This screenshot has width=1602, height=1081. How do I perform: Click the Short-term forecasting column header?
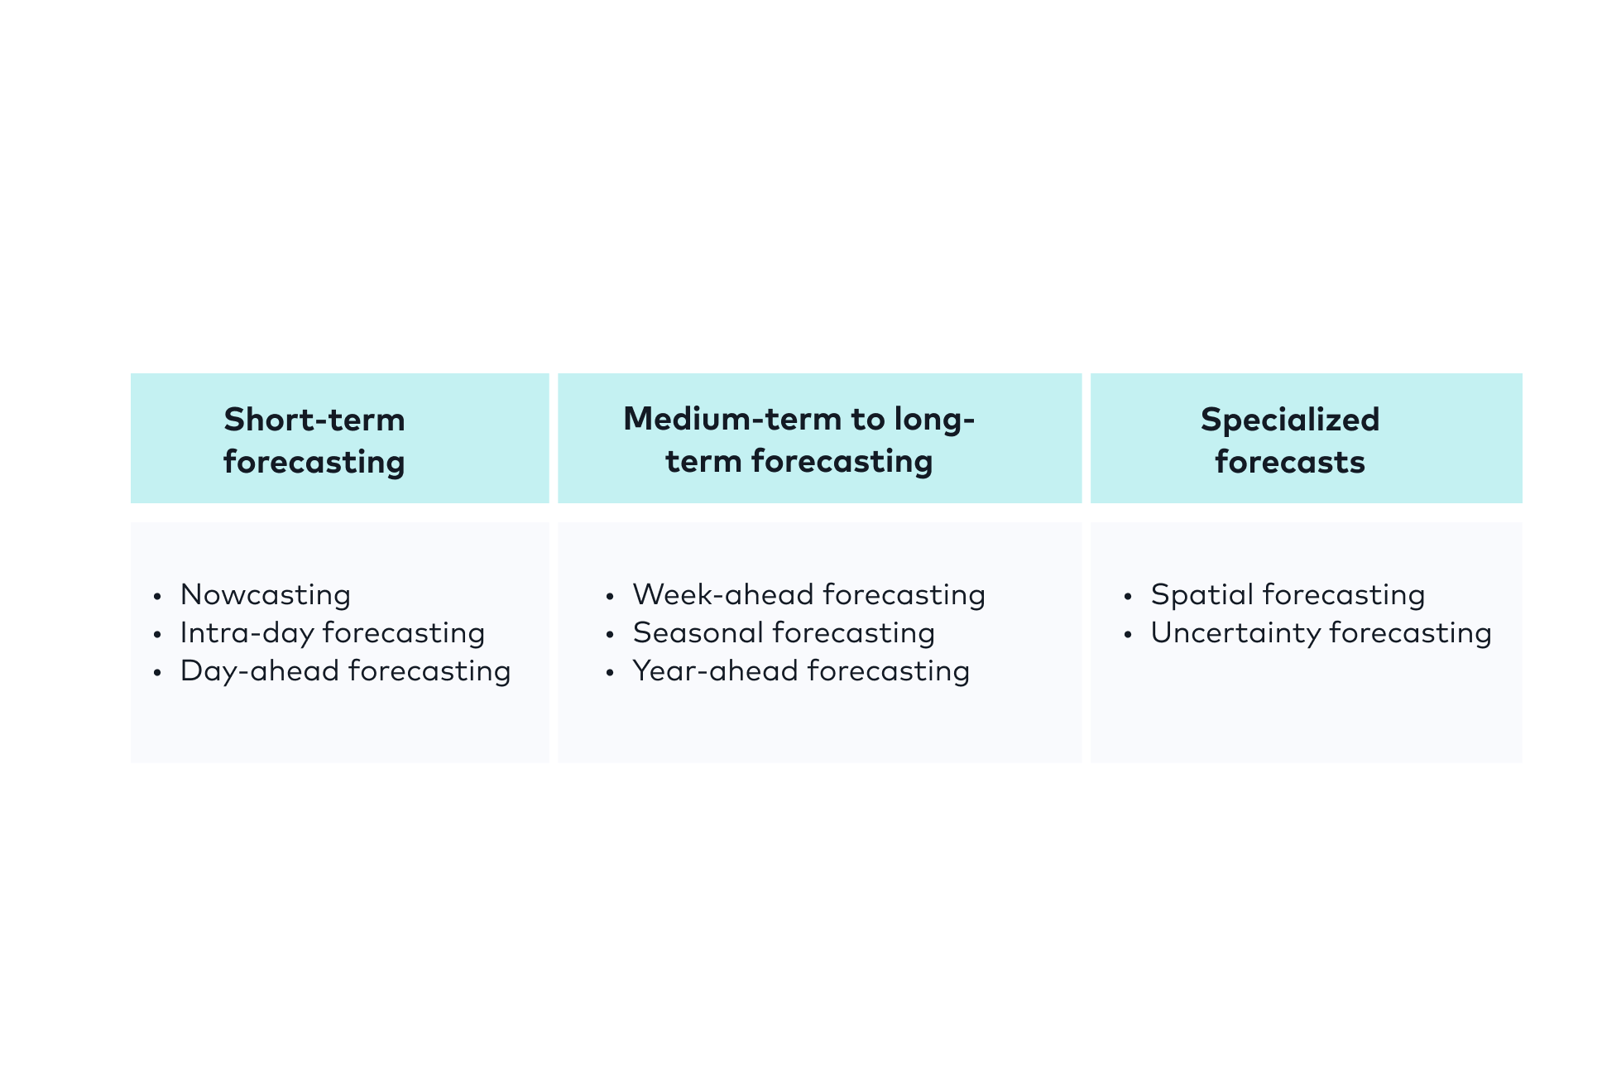tap(314, 440)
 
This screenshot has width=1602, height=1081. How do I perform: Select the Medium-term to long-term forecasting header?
tap(799, 440)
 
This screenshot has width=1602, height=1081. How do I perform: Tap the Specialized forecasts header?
tap(1289, 440)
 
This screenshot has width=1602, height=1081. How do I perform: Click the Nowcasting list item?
tap(265, 595)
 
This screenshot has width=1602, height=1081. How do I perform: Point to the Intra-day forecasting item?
tap(332, 633)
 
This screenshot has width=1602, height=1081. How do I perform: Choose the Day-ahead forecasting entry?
tap(345, 671)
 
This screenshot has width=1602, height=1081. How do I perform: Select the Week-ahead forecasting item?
tap(808, 595)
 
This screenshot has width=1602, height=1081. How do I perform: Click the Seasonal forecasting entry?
tap(783, 633)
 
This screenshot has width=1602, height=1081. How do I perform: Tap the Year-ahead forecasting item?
tap(800, 671)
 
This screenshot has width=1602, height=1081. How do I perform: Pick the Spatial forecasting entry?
tap(1288, 595)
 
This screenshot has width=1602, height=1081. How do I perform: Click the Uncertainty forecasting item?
tap(1321, 633)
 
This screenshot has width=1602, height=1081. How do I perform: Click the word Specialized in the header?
tap(1289, 420)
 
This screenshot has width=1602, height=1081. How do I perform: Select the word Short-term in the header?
tap(314, 420)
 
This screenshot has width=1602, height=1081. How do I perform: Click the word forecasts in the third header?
tap(1289, 462)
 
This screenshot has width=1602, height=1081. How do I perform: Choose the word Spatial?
tap(1203, 595)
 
